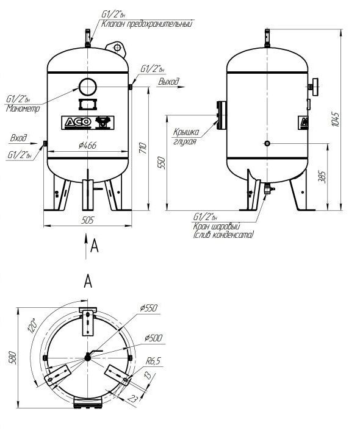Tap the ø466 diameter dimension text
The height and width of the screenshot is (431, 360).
click(x=87, y=146)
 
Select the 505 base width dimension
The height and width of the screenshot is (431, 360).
click(x=88, y=220)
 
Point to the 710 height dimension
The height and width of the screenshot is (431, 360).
click(x=143, y=148)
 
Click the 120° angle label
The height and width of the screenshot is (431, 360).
click(x=32, y=326)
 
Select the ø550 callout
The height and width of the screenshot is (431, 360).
click(x=149, y=308)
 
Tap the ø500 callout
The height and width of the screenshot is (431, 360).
click(x=153, y=338)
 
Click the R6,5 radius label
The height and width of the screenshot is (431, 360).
click(x=153, y=361)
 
